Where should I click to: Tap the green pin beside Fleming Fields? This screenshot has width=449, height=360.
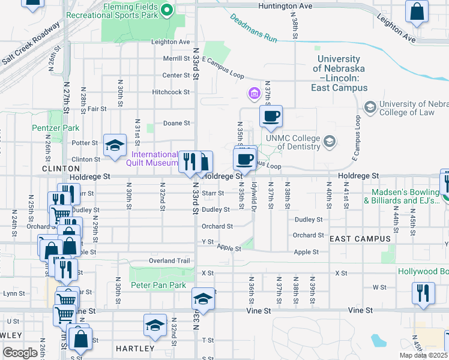167,10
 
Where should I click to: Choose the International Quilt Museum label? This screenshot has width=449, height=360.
155,158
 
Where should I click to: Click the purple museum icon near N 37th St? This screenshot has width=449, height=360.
253,94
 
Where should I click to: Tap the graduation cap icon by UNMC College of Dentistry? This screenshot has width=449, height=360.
329,142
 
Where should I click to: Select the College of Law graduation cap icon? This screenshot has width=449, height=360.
370,106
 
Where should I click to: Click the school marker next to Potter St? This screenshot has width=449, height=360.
115,145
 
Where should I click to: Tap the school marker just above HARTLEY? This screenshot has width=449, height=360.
155,326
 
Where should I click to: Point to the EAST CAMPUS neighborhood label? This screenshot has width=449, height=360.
360,239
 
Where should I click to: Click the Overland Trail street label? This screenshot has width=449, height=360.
169,261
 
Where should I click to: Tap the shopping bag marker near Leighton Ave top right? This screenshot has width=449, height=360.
417,12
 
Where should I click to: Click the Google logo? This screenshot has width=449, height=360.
20,353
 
